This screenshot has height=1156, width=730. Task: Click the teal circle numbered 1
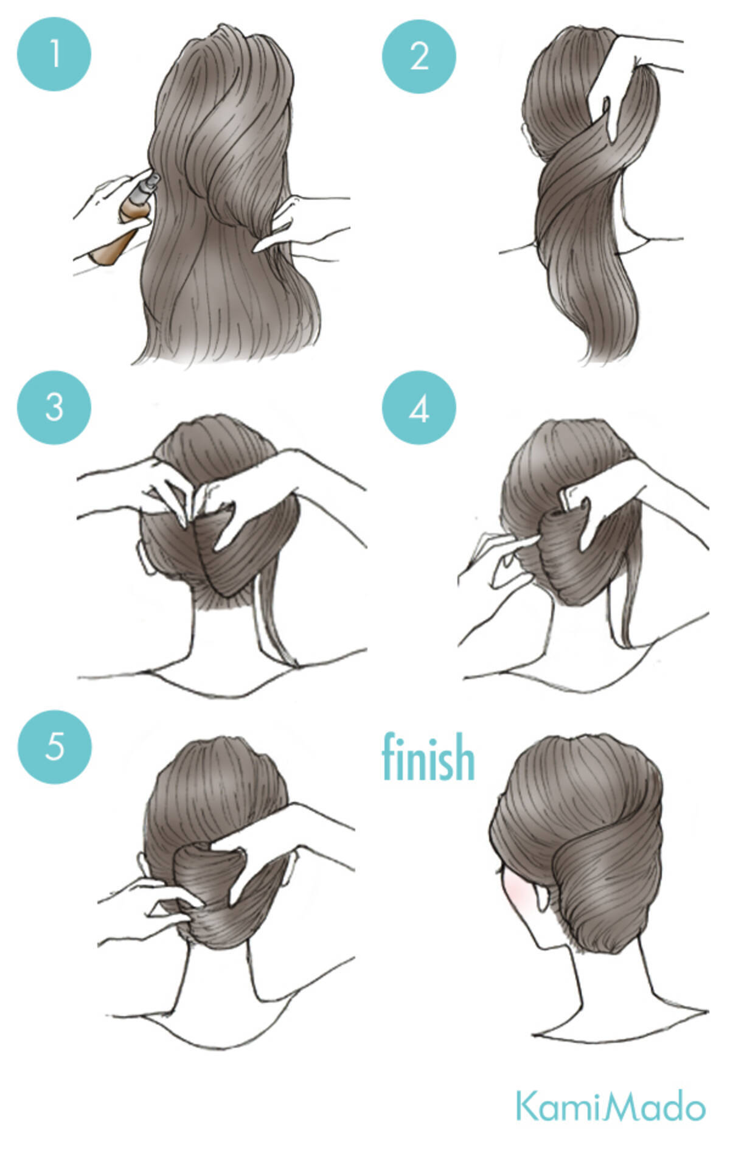click(x=54, y=54)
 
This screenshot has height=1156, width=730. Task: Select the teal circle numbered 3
click(x=54, y=407)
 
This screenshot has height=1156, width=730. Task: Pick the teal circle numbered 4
click(x=419, y=409)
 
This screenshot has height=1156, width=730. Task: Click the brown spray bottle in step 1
click(x=122, y=225)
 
